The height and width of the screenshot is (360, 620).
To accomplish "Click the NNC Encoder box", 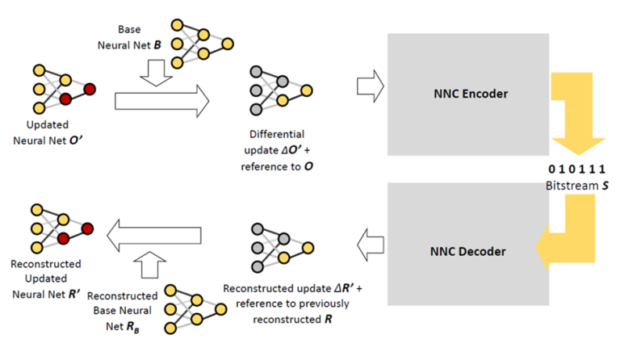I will pos(467,94).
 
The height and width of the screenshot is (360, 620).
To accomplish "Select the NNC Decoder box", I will pos(467,251).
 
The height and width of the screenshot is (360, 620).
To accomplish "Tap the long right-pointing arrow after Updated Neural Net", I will pos(161,102).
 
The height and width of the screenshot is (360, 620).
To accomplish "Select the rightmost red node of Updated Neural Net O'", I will pos(90,88).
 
